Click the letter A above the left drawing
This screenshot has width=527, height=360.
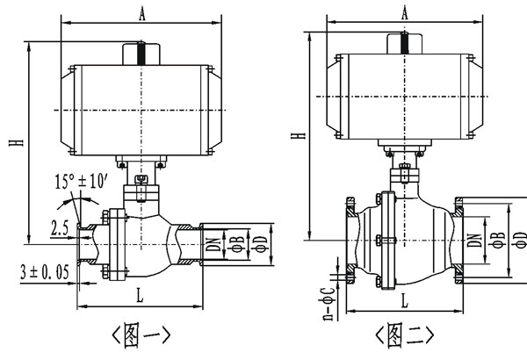(141, 13)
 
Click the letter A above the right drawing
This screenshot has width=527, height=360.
(405, 13)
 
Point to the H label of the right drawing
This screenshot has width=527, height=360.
(298, 136)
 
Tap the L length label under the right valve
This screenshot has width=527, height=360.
(403, 300)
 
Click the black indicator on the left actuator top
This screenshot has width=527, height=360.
(141, 53)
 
